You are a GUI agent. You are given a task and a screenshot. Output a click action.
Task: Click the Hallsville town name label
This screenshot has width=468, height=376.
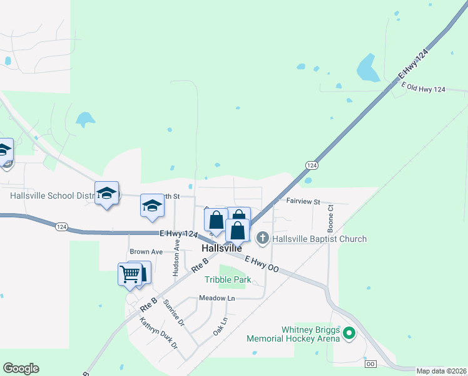[222, 249]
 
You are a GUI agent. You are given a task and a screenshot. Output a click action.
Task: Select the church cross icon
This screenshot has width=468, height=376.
[263, 238]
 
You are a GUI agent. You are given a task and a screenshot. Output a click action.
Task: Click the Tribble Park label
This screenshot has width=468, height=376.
[228, 279]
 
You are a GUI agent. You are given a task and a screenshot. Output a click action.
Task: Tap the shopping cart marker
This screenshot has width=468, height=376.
[130, 273]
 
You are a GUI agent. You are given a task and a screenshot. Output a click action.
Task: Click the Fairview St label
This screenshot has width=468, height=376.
[303, 202]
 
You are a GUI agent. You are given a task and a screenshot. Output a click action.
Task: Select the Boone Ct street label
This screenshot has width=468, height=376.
[330, 221]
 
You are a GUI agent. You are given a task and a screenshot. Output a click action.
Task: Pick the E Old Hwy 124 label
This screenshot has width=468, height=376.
[424, 89]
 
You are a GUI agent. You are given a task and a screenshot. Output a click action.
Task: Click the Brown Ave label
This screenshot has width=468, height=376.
[146, 252]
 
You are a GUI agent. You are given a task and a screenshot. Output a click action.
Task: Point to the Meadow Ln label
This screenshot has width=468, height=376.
[216, 298]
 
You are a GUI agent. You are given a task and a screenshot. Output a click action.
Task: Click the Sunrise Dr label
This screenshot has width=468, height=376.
[173, 314]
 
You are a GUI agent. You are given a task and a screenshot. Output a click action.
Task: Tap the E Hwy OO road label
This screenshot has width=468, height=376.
[262, 263]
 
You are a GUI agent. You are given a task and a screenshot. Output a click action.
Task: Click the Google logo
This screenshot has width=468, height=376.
[21, 368]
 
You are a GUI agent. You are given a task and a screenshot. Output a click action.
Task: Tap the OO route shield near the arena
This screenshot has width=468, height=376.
[370, 363]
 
